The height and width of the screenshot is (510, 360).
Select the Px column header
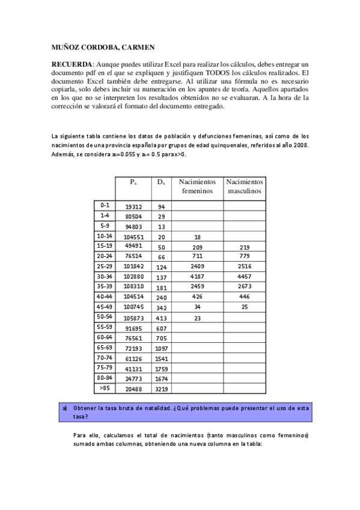click(x=133, y=182)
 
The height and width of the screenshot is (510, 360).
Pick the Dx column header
click(x=161, y=182)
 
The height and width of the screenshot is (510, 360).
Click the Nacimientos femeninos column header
click(x=197, y=186)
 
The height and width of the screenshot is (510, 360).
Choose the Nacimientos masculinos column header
click(x=244, y=186)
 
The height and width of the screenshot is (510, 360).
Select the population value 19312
click(x=133, y=206)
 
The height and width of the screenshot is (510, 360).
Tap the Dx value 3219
click(x=161, y=390)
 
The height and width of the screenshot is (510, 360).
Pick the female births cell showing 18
click(x=197, y=237)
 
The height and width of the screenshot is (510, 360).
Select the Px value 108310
click(x=133, y=287)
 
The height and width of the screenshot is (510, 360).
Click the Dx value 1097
click(x=161, y=349)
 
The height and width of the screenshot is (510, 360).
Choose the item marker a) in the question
click(x=65, y=408)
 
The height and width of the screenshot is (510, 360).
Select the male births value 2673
click(x=244, y=287)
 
